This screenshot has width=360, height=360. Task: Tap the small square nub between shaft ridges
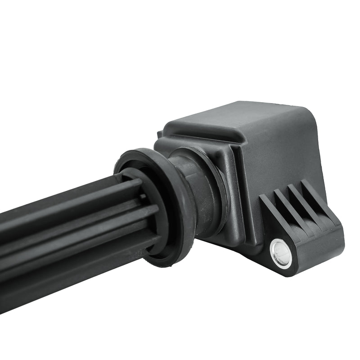pyautogui.click(x=143, y=197)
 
